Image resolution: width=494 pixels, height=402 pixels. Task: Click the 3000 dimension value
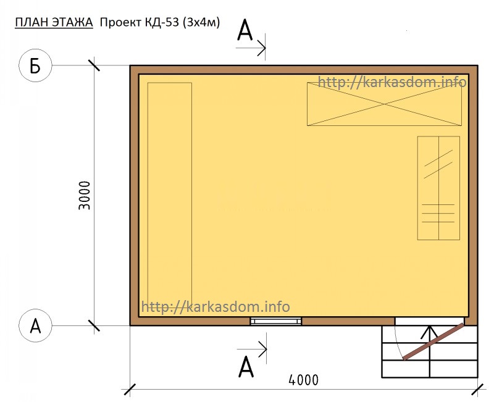click(84, 195)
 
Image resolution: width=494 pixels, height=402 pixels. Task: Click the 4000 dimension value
click(303, 380)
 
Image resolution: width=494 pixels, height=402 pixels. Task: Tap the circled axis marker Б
click(35, 65)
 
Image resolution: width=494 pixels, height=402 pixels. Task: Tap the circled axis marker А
click(35, 325)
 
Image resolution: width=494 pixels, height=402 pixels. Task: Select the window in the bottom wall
click(276, 321)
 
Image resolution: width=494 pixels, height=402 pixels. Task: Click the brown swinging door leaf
click(434, 341)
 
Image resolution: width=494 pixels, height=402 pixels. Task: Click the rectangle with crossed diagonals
click(384, 104)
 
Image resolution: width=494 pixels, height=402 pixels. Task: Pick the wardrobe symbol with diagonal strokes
click(438, 188)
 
